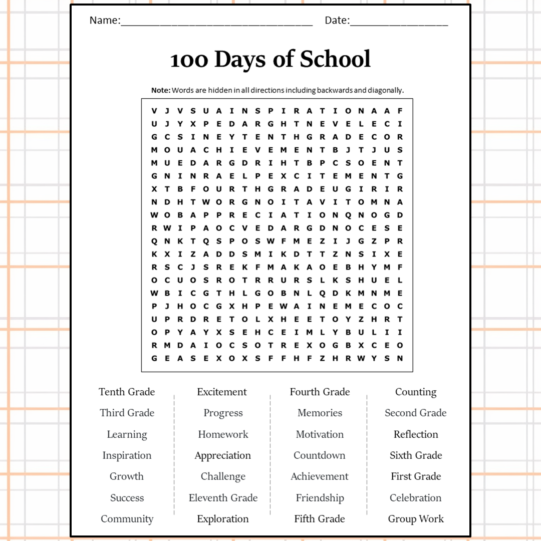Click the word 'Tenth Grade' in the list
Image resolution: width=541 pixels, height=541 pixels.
(x=127, y=392)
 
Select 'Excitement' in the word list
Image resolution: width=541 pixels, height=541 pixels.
(x=222, y=392)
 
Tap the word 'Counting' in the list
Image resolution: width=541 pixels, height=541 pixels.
(x=416, y=392)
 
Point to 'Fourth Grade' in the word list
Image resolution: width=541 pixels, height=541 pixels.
(x=320, y=392)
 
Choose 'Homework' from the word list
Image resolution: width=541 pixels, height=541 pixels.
(x=223, y=434)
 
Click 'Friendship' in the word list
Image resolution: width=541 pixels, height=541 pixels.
(x=320, y=498)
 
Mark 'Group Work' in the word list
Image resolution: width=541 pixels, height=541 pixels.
(x=416, y=519)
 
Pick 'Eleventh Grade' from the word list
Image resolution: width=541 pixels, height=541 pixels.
(x=223, y=498)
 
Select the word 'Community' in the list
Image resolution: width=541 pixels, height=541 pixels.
(x=127, y=519)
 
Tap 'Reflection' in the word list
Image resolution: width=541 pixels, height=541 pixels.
(x=416, y=434)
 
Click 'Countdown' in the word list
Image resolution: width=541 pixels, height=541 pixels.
(x=320, y=455)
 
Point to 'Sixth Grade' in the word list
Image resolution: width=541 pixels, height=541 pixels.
(x=416, y=455)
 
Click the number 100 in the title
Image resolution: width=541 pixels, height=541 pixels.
(x=189, y=60)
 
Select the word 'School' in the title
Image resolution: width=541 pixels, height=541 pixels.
(x=335, y=59)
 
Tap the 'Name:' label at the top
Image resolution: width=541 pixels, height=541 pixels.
(x=105, y=21)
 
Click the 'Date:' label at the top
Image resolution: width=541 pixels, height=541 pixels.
(x=337, y=21)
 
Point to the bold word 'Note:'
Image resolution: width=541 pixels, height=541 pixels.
(x=161, y=90)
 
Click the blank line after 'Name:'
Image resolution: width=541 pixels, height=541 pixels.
(x=216, y=23)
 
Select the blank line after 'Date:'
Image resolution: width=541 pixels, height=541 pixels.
(x=399, y=23)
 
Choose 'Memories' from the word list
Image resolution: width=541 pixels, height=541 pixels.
(x=320, y=413)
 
